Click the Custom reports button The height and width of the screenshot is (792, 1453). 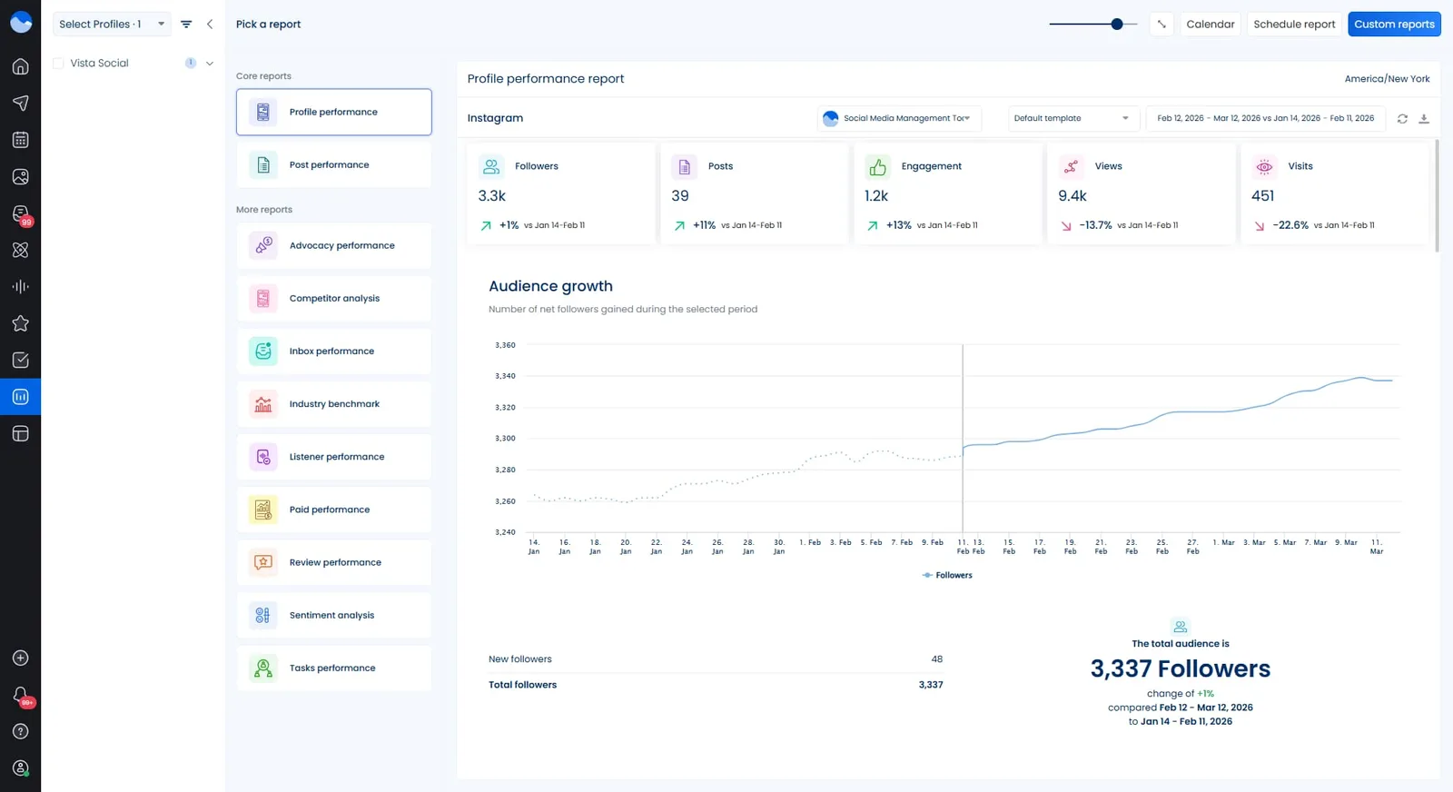point(1394,25)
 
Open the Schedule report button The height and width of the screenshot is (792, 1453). point(1294,25)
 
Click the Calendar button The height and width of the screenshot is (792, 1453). point(1210,25)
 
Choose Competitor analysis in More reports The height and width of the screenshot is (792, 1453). point(333,298)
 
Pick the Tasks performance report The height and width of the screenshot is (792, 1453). point(333,668)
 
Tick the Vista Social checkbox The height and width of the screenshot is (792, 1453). point(59,64)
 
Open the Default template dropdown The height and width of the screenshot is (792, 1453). point(1072,118)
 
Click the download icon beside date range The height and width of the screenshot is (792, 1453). point(1424,119)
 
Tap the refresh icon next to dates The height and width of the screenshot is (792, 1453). point(1402,119)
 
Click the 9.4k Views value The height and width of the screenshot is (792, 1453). point(1072,196)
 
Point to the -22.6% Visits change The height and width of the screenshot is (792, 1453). point(1290,225)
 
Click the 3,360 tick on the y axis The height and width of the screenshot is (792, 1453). point(505,345)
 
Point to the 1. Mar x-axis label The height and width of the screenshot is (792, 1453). point(1223,542)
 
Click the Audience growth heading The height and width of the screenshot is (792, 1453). point(550,286)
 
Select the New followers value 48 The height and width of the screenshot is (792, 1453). point(936,659)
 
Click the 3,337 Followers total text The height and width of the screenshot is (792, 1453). point(1180,669)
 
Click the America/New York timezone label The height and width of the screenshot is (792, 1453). point(1387,79)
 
